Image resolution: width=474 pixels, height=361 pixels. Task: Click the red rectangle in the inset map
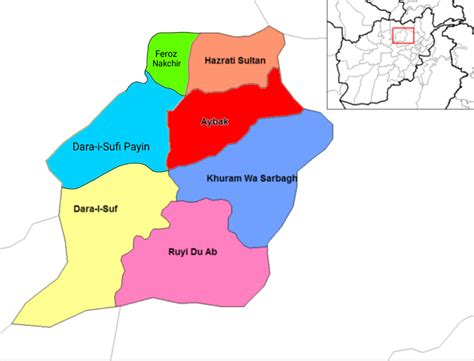pos(403,35)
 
